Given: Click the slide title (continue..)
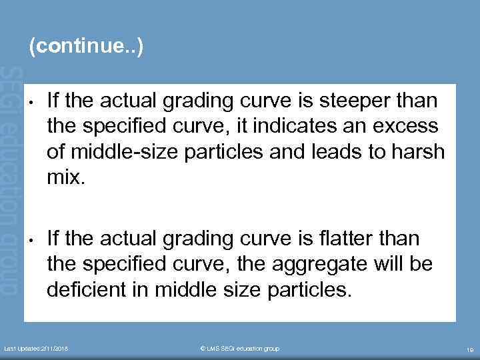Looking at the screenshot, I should [85, 47].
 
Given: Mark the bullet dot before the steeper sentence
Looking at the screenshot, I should [31, 103].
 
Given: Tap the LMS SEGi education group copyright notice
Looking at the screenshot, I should [240, 349].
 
